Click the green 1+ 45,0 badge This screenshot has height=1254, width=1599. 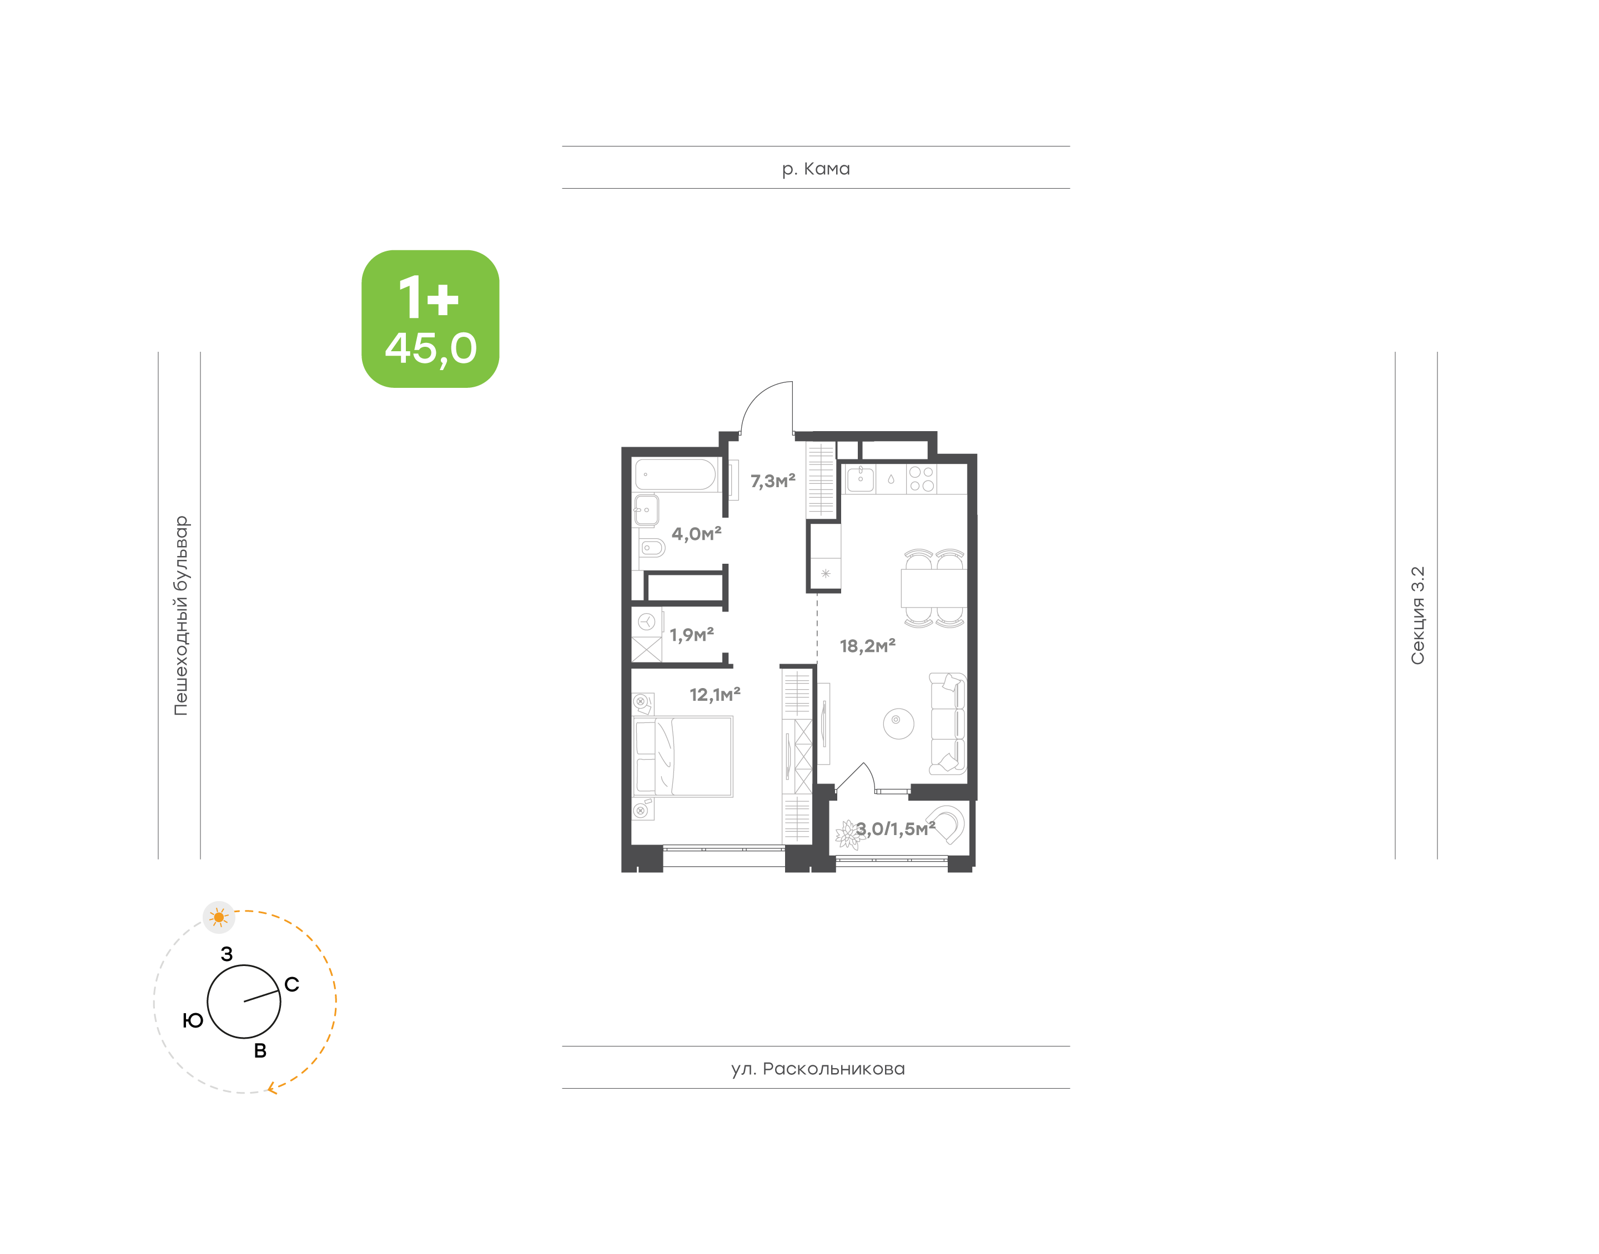tap(430, 318)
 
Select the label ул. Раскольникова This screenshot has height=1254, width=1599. tap(817, 1069)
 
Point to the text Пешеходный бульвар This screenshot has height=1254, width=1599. tap(180, 615)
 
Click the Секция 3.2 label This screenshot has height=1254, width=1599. tap(1417, 615)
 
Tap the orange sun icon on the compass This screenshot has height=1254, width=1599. tap(219, 918)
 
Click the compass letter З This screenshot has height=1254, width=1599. tap(227, 954)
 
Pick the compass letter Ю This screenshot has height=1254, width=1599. tap(193, 1020)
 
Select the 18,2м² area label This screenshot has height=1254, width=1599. tap(867, 646)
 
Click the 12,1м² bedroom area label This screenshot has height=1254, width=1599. tap(715, 695)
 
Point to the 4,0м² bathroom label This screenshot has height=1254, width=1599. tap(696, 534)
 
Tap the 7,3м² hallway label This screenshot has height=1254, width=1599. tap(773, 482)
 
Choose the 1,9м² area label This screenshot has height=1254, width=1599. tap(691, 634)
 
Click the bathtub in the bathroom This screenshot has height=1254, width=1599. tap(676, 475)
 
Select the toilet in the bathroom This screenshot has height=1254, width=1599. tap(651, 548)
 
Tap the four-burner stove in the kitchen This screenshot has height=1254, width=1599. tap(921, 479)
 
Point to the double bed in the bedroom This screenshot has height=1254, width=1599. tap(683, 756)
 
